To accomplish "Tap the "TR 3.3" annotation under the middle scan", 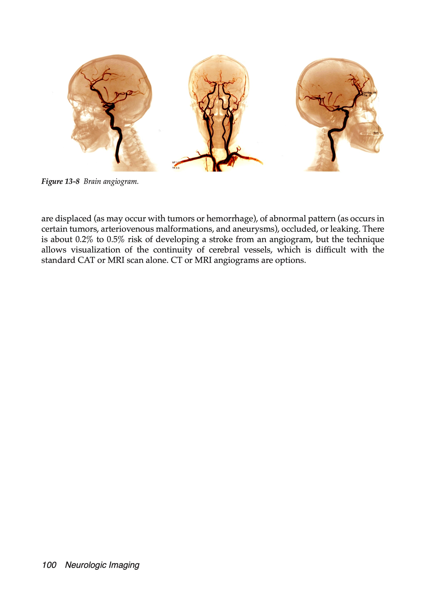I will pos(176,168).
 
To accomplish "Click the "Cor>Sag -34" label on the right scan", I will pos(369,93).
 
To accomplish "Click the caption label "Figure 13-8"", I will pos(60,182).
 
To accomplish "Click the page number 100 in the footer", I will pos(49,565).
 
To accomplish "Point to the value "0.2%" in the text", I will pos(81,239).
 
